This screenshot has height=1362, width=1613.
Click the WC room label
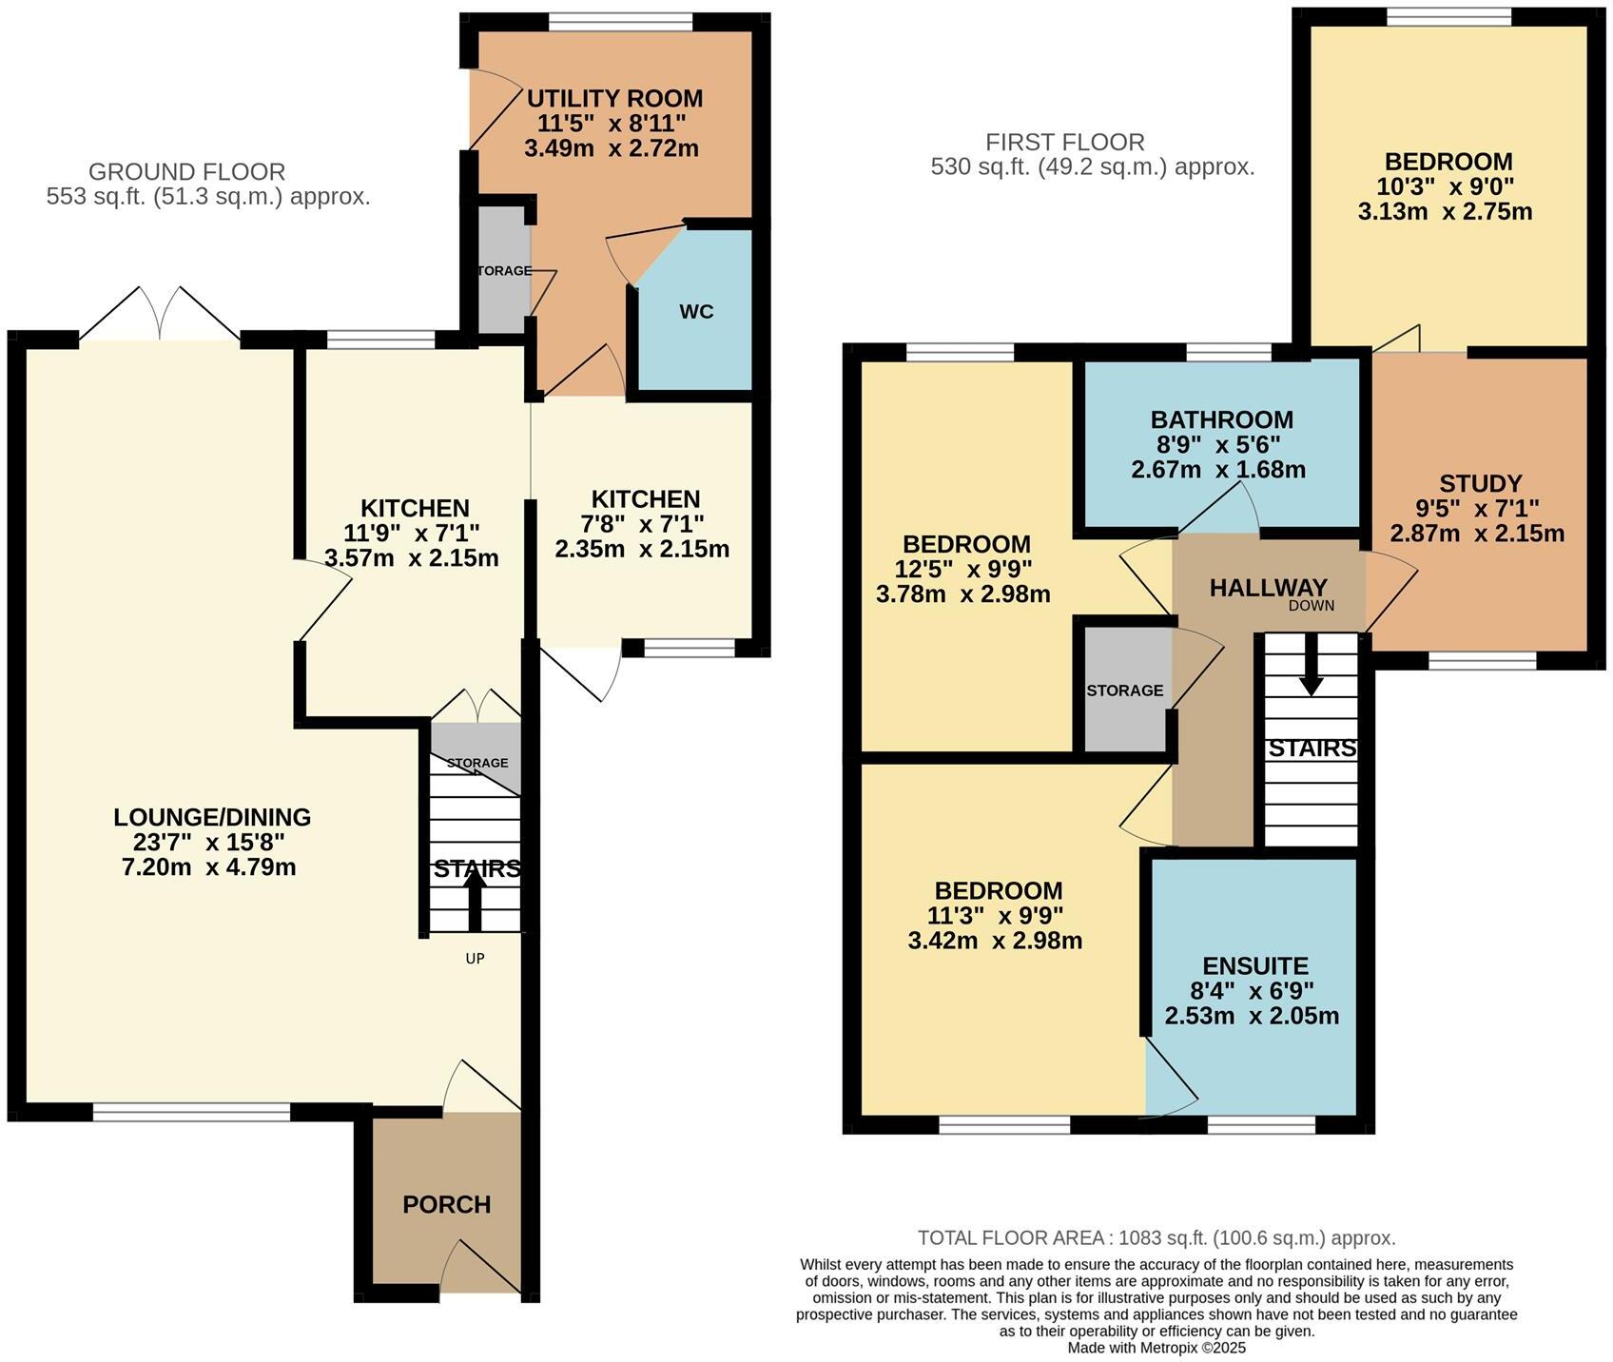tap(696, 312)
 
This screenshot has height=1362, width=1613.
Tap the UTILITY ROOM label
tap(614, 99)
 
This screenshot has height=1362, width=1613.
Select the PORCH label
tap(447, 1204)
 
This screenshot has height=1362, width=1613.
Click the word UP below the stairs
tap(475, 959)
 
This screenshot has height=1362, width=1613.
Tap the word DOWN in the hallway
tap(1312, 606)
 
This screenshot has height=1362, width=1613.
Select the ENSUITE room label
tap(1255, 966)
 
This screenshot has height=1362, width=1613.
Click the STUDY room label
tap(1480, 483)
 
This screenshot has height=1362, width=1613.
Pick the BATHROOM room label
tap(1221, 419)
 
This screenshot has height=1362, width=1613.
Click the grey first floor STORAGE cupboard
tap(1125, 690)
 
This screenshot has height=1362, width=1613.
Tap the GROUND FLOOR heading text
tap(186, 172)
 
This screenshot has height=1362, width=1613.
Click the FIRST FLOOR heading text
tap(1064, 143)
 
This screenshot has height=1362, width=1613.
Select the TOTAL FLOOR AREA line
tap(1156, 1237)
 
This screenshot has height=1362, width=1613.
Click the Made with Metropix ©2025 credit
tap(1156, 1348)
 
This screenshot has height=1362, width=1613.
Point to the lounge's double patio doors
tap(159, 313)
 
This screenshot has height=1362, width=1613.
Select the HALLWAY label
tap(1268, 588)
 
